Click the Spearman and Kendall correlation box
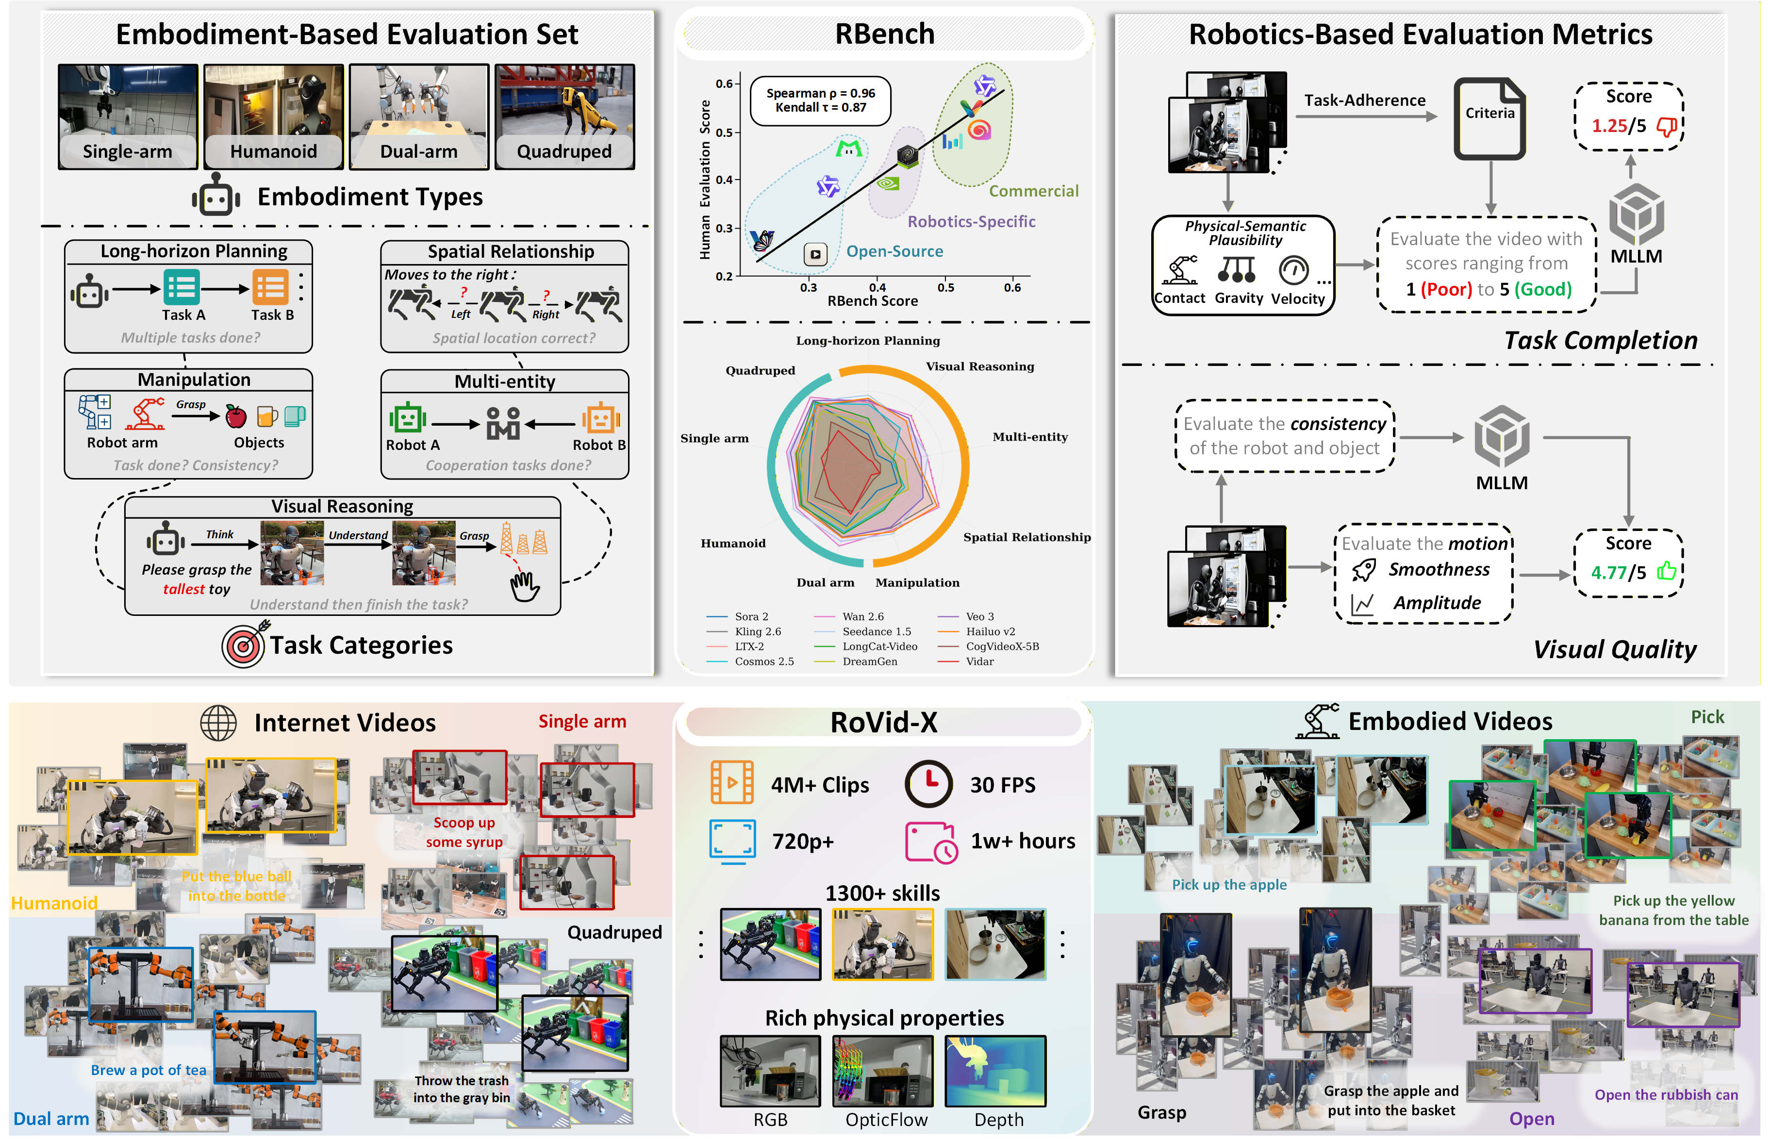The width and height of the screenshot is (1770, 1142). (820, 101)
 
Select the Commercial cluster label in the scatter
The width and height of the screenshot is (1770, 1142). (1034, 191)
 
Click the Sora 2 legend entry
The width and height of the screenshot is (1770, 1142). (751, 617)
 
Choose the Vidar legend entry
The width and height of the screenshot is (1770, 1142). (979, 662)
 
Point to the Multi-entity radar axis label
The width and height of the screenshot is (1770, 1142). (1030, 437)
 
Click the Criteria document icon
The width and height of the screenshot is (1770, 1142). (1489, 118)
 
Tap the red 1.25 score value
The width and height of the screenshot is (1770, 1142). (1608, 126)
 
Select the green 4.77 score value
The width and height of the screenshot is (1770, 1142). (1607, 573)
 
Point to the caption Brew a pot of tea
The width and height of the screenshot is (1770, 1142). (149, 1070)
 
